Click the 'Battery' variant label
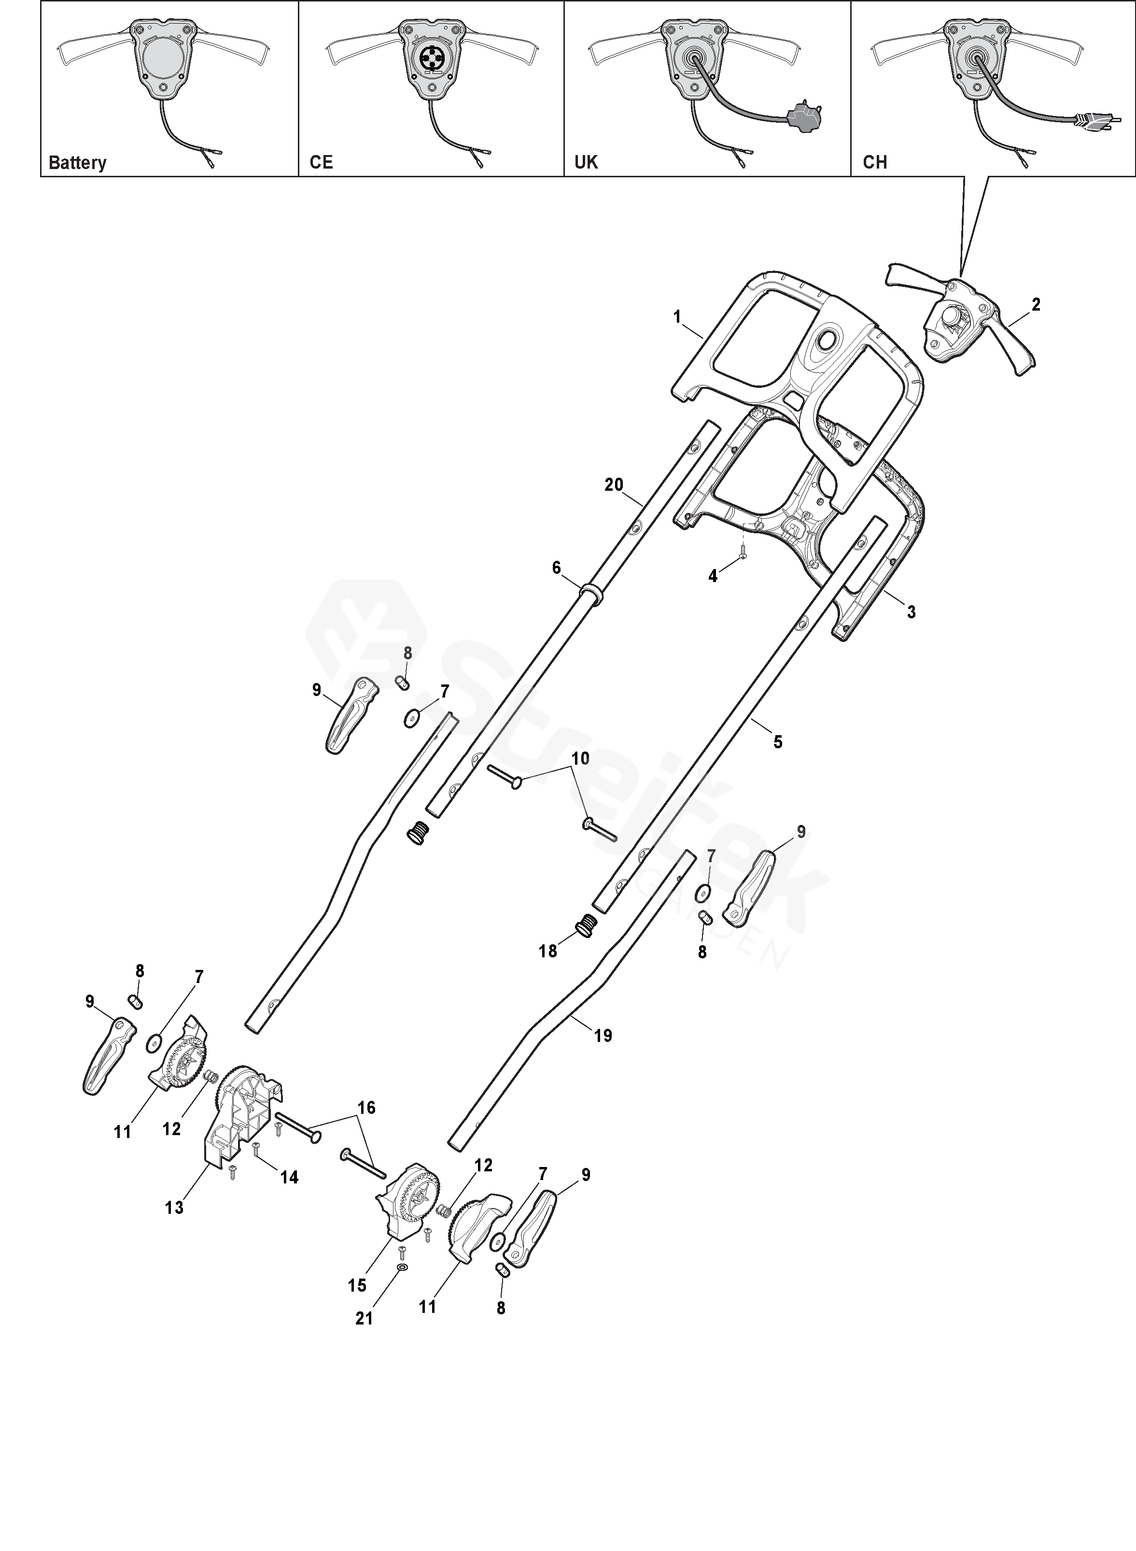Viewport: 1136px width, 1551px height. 78,163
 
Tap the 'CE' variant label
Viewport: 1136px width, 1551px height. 321,162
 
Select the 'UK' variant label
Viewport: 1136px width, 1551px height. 586,162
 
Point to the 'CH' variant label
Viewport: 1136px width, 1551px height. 875,162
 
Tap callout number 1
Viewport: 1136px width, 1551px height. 677,317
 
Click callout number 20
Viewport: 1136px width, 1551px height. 614,485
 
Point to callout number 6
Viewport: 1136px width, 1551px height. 556,568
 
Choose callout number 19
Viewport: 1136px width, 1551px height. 603,1035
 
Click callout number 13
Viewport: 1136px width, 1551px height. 174,1207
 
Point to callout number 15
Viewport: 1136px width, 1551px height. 357,1285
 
